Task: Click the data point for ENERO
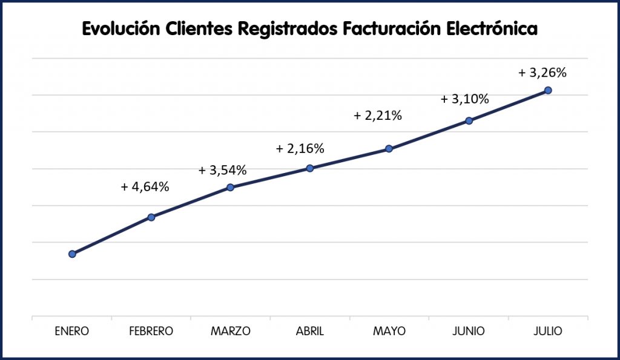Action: (x=72, y=254)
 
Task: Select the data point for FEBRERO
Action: (x=151, y=217)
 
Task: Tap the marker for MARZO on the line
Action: (x=230, y=188)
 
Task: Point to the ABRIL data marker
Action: (x=309, y=168)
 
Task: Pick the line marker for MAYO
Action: (x=389, y=149)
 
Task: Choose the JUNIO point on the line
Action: (x=469, y=120)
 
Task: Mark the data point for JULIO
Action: (x=548, y=90)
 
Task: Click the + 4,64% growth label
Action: (x=145, y=187)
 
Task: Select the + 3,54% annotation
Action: (x=222, y=171)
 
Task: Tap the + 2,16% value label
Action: (x=300, y=148)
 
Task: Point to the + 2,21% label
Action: (x=378, y=116)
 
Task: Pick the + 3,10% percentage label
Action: (x=464, y=99)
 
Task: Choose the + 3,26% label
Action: (x=542, y=73)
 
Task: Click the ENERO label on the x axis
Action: (x=71, y=331)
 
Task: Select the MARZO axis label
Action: (x=230, y=331)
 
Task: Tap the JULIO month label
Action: (x=549, y=331)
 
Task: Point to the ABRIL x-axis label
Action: (x=309, y=331)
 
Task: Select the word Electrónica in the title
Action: (x=490, y=29)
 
